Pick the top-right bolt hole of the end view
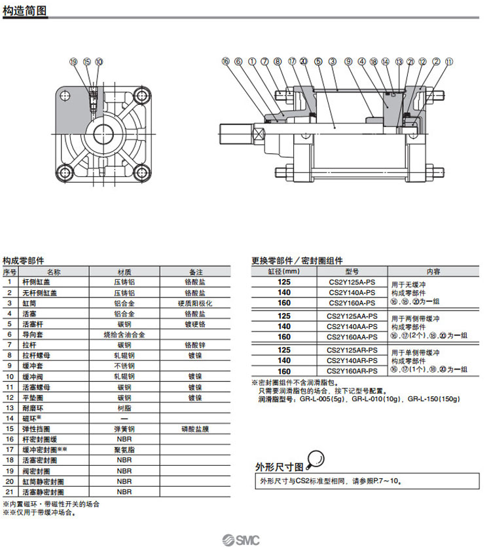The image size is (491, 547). [x=139, y=96]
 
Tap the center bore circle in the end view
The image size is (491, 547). [x=102, y=134]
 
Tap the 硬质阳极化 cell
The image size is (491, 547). [x=195, y=303]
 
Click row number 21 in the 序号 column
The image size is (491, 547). [x=10, y=491]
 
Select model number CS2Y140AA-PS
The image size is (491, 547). [x=352, y=326]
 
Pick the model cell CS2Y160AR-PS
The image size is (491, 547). [x=352, y=371]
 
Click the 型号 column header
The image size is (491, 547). [x=352, y=271]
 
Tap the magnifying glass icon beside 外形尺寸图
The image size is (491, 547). [x=316, y=458]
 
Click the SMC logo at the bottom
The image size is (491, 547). [x=242, y=539]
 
